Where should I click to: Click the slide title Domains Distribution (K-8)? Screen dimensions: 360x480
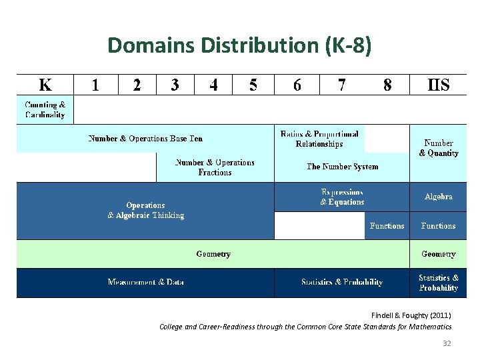click(x=240, y=45)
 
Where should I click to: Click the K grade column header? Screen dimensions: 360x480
click(x=45, y=85)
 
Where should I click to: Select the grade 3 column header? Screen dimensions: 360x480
click(x=175, y=85)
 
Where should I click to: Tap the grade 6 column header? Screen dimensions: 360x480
click(x=297, y=85)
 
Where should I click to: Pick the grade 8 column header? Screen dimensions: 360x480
click(x=387, y=85)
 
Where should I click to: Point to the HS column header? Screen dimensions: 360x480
click(x=438, y=85)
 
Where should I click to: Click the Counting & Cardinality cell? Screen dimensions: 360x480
click(x=45, y=109)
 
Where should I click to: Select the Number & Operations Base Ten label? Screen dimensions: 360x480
click(x=145, y=139)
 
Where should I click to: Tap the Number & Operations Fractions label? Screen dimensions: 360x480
click(x=215, y=167)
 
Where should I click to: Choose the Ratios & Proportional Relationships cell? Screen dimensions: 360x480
click(x=319, y=139)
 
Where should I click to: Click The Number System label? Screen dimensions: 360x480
click(x=342, y=167)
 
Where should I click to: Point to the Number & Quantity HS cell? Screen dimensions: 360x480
click(x=438, y=148)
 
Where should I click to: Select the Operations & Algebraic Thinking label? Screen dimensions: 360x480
click(x=145, y=211)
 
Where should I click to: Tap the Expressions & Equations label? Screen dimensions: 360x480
click(x=342, y=197)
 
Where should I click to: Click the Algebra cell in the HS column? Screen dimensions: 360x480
click(x=438, y=197)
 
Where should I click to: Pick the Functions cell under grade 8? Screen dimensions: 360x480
click(x=387, y=226)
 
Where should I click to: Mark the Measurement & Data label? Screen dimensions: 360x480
click(x=145, y=283)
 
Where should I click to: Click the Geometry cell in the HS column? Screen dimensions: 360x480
click(x=438, y=254)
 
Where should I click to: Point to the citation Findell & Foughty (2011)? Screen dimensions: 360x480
click(x=411, y=315)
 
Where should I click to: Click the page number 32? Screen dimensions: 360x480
click(x=447, y=343)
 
